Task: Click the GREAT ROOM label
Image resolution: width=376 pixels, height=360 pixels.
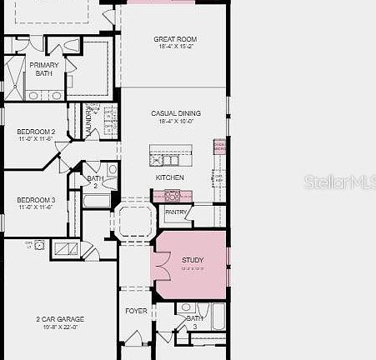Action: coord(174,39)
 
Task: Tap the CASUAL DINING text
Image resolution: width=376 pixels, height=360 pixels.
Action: coord(175,113)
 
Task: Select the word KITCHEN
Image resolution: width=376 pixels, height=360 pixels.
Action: coord(170,177)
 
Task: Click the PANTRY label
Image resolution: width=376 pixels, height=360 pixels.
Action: coord(176,212)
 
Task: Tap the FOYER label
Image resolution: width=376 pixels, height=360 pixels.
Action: coord(136,311)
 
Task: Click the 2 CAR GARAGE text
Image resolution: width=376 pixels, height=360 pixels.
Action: coord(59,319)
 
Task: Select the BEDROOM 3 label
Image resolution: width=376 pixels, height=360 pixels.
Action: coord(36,200)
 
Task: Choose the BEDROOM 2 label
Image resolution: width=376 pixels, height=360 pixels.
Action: coord(36,132)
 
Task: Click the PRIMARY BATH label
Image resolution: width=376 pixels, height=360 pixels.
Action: coord(43,69)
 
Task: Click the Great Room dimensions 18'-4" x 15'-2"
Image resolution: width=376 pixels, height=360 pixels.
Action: coord(174,47)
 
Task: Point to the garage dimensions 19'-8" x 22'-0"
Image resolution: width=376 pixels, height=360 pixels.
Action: coord(59,327)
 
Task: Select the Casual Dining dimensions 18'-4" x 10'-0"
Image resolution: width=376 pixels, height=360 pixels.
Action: coord(175,122)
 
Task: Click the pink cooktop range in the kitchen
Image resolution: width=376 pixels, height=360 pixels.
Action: coord(173,197)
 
